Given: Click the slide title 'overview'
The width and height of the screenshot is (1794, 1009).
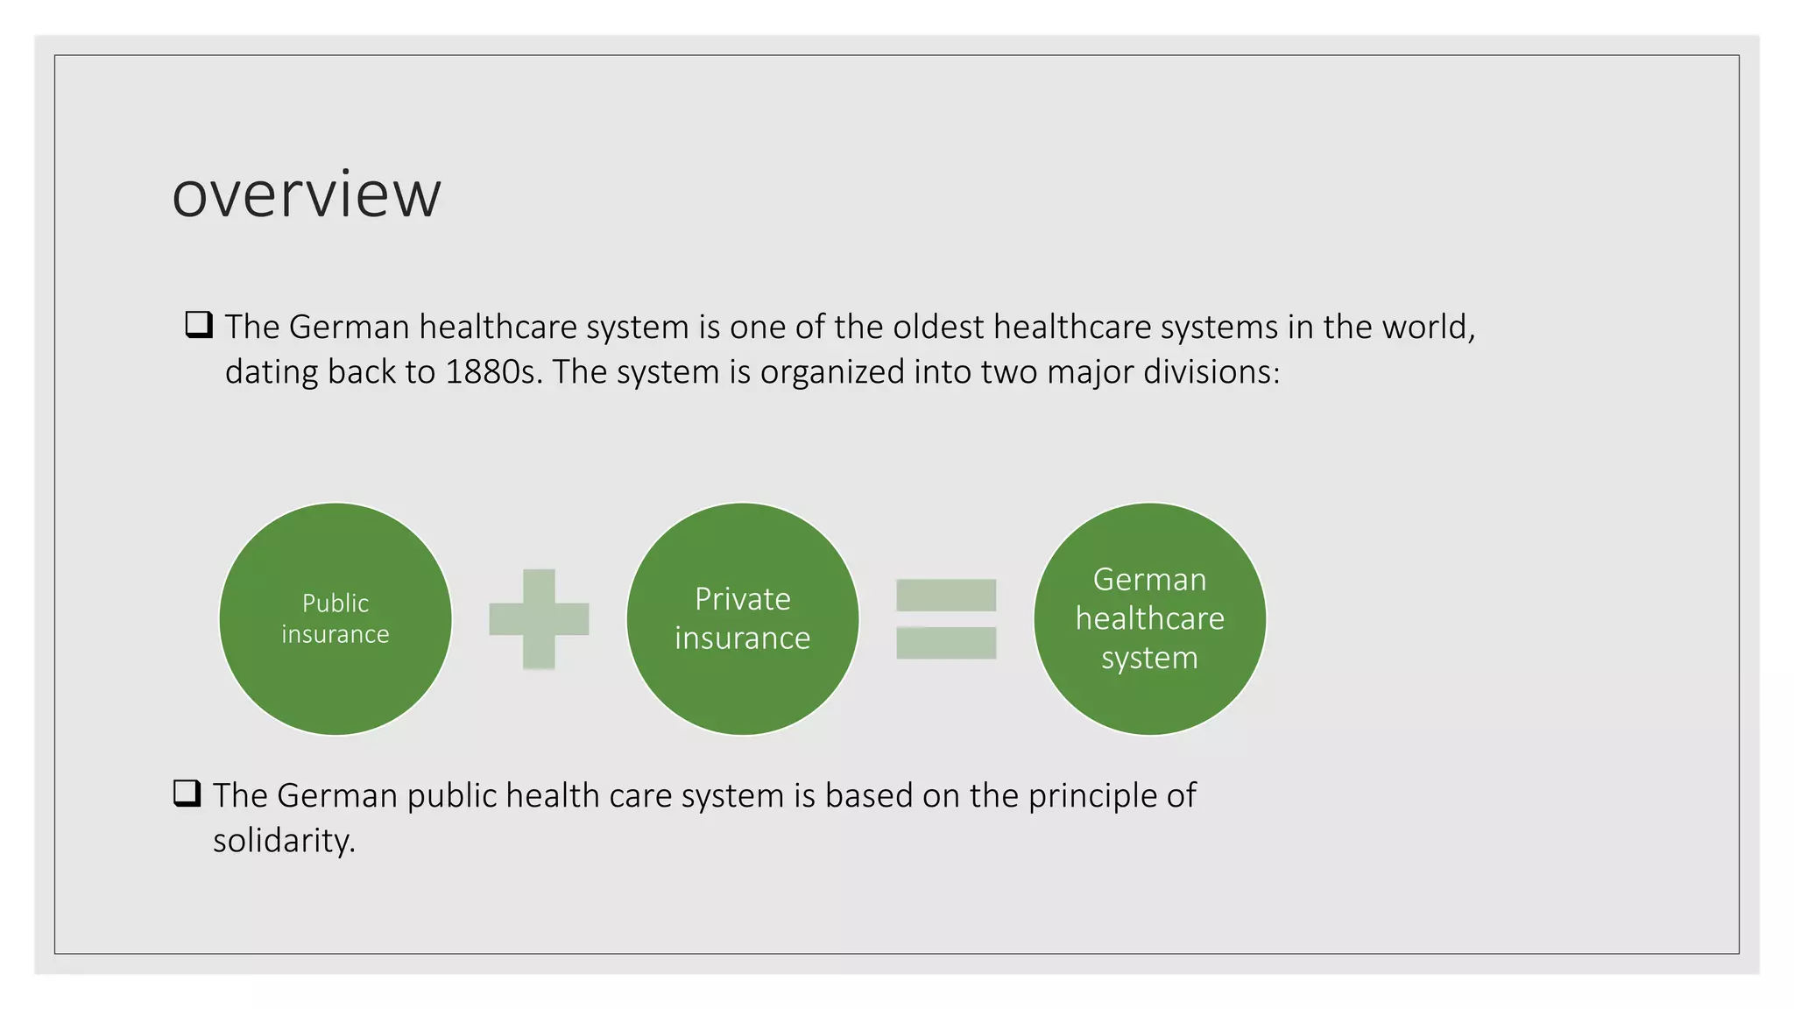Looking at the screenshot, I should tap(307, 194).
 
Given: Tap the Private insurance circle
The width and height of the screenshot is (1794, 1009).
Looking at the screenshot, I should tap(743, 683).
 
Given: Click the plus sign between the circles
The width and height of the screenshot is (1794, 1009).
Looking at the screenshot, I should tap(539, 619).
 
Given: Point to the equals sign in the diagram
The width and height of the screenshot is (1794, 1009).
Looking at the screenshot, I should tap(946, 619).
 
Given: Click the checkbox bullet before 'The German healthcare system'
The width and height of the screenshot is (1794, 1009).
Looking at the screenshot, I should tap(199, 325).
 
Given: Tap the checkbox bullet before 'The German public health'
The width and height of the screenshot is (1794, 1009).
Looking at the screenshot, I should tap(187, 794).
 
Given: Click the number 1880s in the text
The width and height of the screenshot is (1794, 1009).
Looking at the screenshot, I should tap(491, 372).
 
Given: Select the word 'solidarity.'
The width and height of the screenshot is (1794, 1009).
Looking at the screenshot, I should tap(284, 841).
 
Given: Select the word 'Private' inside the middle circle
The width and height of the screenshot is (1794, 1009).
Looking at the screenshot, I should tap(743, 599).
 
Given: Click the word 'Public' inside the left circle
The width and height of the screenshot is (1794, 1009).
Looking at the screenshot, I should tap(335, 603).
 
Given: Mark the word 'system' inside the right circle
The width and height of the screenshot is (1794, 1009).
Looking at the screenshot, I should tap(1149, 658).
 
